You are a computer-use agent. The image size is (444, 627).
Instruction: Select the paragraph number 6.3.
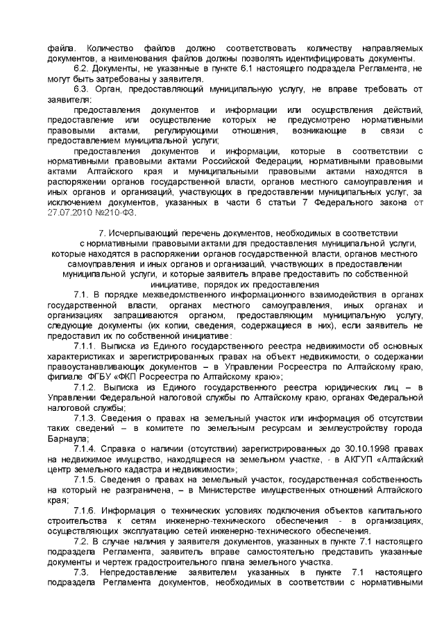pos(82,89)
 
